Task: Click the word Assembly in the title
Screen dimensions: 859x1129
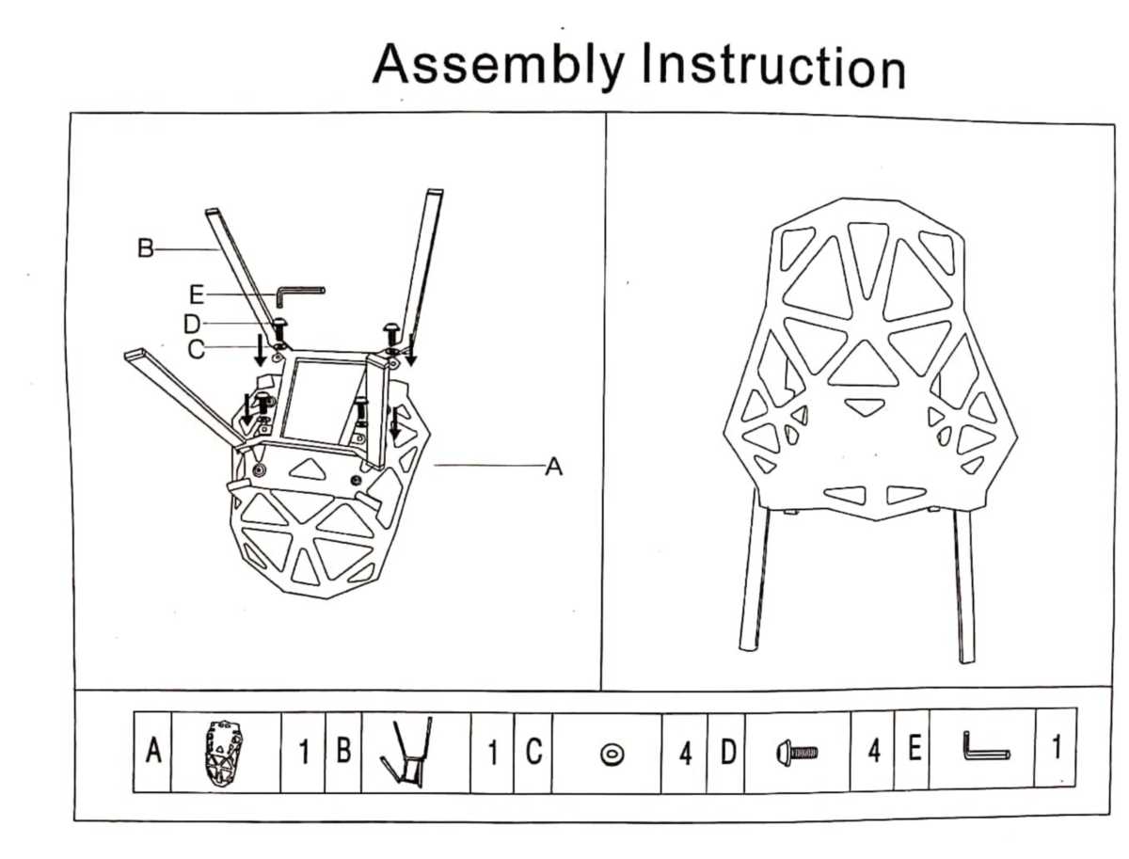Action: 497,64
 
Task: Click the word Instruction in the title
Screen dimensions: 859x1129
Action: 772,68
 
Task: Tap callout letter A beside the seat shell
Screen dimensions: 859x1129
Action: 554,467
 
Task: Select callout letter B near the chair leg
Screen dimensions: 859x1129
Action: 145,249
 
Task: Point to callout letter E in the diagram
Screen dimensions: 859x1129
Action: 197,294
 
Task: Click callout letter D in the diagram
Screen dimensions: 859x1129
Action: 192,325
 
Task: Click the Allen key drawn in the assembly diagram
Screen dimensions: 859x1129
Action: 297,294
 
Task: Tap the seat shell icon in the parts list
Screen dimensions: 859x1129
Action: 224,751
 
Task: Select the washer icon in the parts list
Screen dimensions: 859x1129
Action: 612,754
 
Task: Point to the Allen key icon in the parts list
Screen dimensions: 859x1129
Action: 984,751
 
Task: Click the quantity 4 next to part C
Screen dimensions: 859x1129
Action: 685,754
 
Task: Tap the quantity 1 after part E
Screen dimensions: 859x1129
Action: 1056,749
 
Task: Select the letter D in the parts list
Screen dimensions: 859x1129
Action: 728,753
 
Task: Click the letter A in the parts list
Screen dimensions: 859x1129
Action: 153,752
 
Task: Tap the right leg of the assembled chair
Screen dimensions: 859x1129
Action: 964,583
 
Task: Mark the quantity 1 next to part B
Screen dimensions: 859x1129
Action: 492,753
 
